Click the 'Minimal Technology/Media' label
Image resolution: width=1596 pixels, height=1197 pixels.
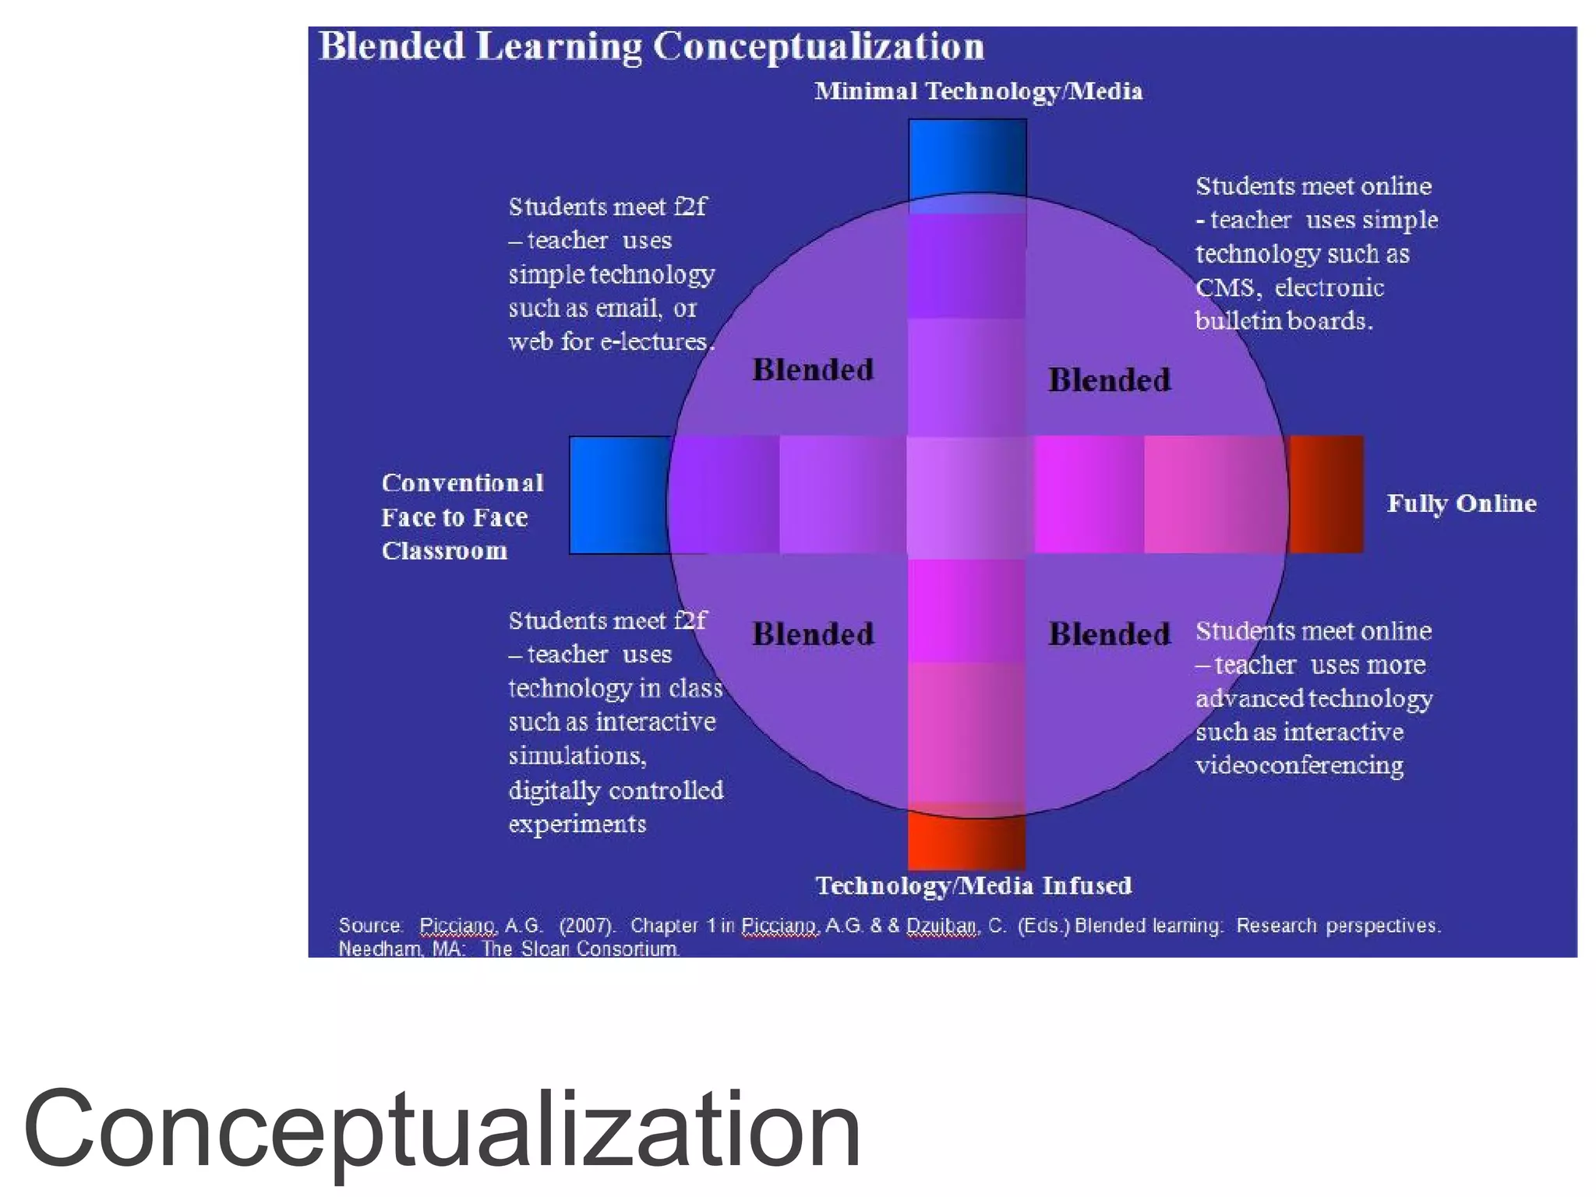click(978, 92)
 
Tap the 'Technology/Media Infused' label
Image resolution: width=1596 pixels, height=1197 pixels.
click(973, 886)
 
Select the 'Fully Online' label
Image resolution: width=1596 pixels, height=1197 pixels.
click(1461, 503)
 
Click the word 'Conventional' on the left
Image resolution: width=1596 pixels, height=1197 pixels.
click(462, 483)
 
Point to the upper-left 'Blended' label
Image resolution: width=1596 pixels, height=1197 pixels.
click(813, 370)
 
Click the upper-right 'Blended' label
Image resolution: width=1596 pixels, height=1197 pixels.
click(1109, 381)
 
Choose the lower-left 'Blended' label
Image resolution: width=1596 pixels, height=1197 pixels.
click(813, 634)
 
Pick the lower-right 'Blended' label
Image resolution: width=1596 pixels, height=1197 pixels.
click(1109, 634)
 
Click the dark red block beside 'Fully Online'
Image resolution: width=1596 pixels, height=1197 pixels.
click(1326, 495)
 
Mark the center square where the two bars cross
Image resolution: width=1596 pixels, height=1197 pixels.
click(969, 496)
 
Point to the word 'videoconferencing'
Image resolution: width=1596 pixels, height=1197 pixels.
click(1299, 766)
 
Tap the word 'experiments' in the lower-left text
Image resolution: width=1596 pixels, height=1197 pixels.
click(577, 824)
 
